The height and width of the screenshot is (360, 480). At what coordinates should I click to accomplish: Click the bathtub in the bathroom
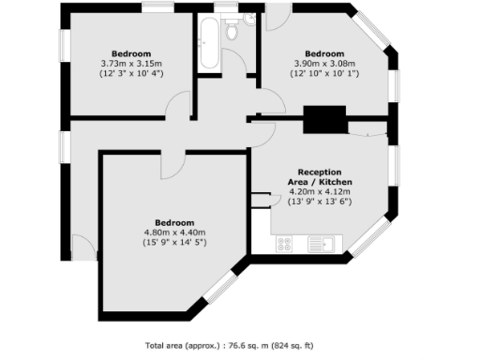pos(207,42)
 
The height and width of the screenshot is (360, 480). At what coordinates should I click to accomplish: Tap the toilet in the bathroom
pos(232,30)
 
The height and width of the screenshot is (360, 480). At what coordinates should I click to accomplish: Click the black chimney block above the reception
pos(324,120)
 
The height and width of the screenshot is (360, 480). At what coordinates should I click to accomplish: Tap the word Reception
pos(319,172)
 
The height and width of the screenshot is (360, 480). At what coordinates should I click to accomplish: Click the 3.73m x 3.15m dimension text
pos(132,63)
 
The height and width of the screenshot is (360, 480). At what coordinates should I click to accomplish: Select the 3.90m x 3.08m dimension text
pos(324,63)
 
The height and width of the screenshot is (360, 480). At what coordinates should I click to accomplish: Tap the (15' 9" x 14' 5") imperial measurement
pos(174,243)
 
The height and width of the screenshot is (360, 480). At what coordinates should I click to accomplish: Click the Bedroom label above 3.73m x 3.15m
pos(132,52)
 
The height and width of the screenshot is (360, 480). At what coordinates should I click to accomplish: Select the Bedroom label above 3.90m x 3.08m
pos(324,52)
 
